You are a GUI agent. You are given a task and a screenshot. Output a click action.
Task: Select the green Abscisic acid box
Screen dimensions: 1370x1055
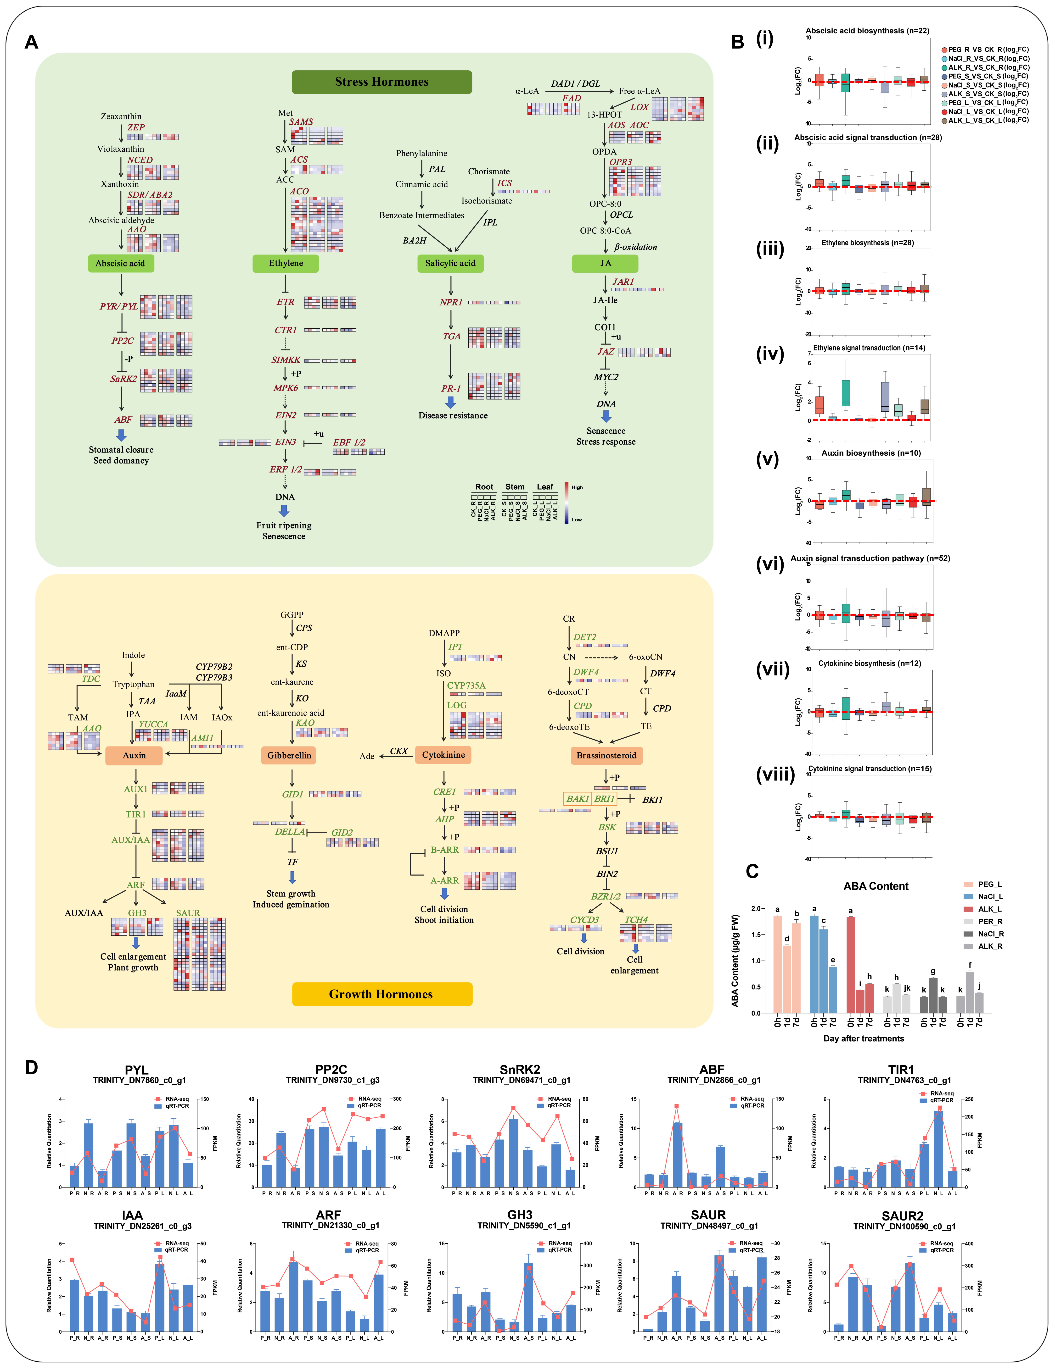[x=120, y=264]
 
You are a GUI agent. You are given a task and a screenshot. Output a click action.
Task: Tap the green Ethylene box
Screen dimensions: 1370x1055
[x=286, y=264]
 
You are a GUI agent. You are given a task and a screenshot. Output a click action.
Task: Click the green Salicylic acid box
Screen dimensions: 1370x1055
[x=450, y=264]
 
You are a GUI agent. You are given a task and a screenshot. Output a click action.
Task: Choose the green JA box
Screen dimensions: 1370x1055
[x=605, y=264]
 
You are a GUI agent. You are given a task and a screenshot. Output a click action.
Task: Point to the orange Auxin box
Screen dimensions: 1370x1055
[x=134, y=755]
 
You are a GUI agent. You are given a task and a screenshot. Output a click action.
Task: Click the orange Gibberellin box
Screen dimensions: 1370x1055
[x=289, y=755]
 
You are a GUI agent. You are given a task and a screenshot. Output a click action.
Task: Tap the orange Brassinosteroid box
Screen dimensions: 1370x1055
[x=606, y=755]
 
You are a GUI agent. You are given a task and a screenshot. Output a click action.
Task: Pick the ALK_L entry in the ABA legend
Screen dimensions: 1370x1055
[x=989, y=909]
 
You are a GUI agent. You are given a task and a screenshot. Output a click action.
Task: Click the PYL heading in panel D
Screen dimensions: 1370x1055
[x=137, y=1070]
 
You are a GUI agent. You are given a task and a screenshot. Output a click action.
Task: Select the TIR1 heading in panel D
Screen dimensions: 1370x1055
[x=901, y=1070]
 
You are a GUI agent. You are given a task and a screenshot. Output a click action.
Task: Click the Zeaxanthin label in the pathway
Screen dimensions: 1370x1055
[x=121, y=117]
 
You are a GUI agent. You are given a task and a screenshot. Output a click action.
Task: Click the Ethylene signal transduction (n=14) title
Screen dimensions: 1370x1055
[x=869, y=348]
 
